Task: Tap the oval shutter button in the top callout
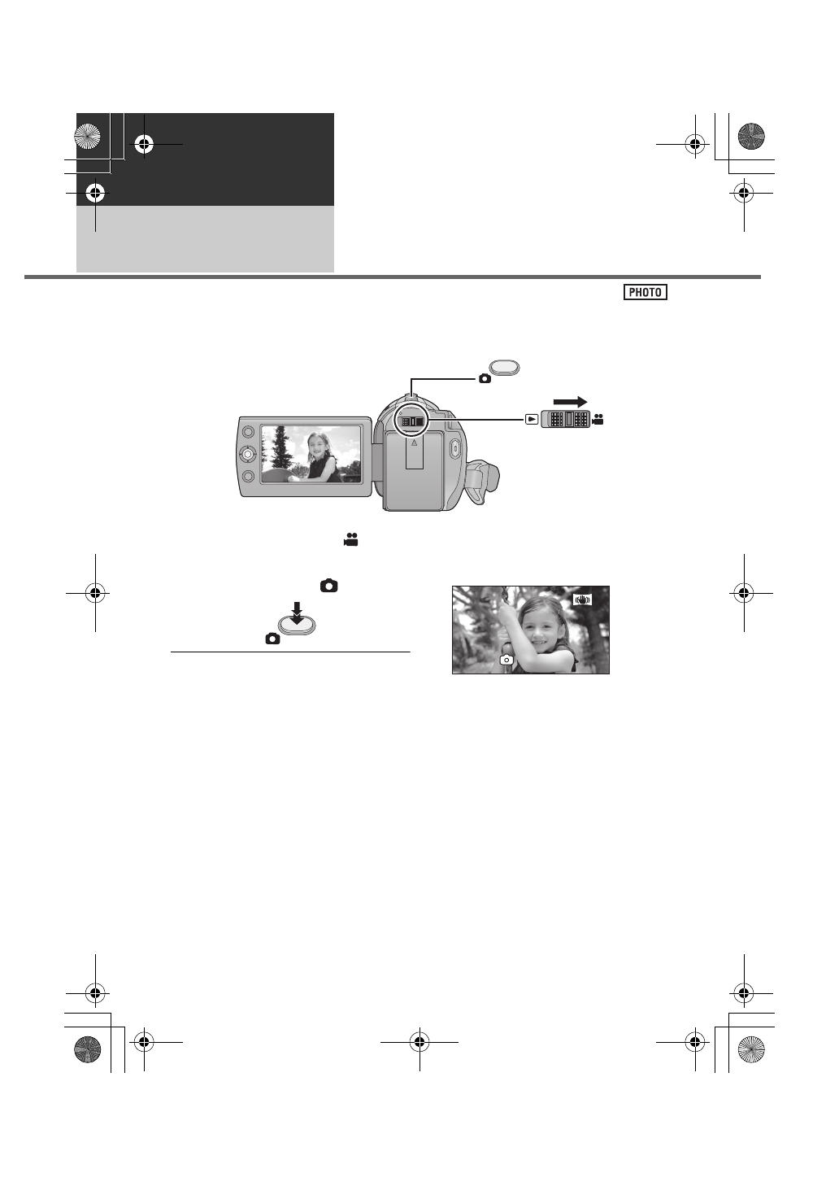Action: point(505,368)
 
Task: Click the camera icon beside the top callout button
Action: point(485,378)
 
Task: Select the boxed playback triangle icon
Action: point(531,420)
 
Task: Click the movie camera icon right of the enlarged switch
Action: point(598,420)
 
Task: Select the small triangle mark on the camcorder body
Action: point(414,444)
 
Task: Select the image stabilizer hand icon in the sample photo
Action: point(582,600)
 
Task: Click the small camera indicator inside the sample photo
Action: point(506,660)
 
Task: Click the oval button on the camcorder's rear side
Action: point(455,447)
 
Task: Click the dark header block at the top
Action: point(205,159)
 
